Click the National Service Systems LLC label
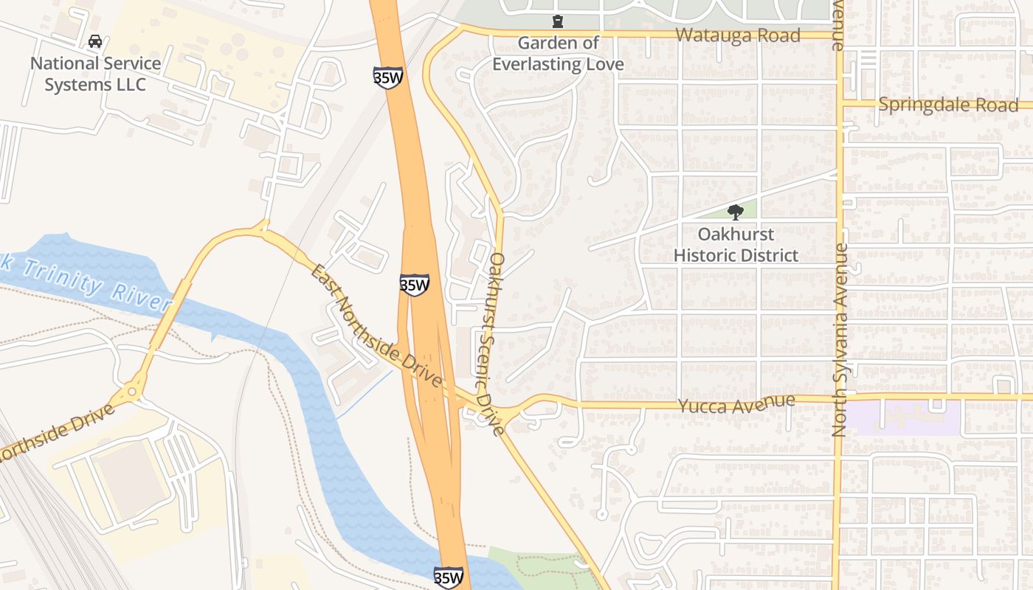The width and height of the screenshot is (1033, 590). tap(94, 74)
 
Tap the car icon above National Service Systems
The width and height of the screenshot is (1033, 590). tap(95, 41)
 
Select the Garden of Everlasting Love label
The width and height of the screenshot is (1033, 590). tap(558, 54)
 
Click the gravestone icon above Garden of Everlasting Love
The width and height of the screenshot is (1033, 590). tap(558, 21)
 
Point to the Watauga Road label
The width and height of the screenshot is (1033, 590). tap(738, 35)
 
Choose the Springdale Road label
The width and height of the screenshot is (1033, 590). tap(948, 105)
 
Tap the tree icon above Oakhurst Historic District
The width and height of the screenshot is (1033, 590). tap(735, 212)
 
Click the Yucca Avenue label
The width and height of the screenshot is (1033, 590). tap(736, 405)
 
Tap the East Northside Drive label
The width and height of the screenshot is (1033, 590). tap(376, 327)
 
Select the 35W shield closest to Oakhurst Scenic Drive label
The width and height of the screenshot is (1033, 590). tap(415, 285)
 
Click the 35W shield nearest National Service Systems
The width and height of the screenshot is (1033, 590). tap(387, 77)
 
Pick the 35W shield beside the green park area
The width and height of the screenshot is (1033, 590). tap(449, 577)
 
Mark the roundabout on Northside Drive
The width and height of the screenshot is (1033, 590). tap(134, 392)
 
